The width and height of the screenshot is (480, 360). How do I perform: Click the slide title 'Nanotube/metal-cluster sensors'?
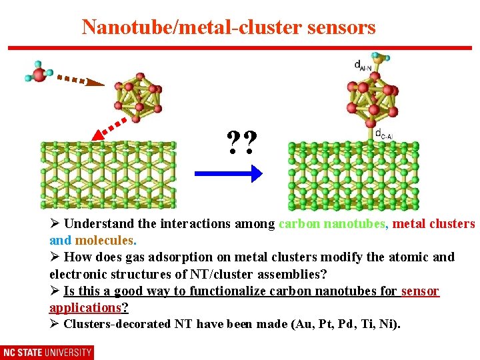point(229,27)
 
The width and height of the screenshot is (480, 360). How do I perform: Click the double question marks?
point(241,142)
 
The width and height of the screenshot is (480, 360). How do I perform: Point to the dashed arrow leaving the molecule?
point(80,80)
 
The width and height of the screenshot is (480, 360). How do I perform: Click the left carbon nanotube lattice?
point(109,175)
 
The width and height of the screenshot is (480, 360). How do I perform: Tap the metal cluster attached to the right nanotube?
point(373,99)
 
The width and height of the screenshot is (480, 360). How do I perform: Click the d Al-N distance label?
point(364,65)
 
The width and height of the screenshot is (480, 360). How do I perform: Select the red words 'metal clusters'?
point(433,224)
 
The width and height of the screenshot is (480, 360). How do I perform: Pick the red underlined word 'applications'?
point(85,307)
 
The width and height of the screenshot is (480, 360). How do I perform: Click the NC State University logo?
point(47,352)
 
